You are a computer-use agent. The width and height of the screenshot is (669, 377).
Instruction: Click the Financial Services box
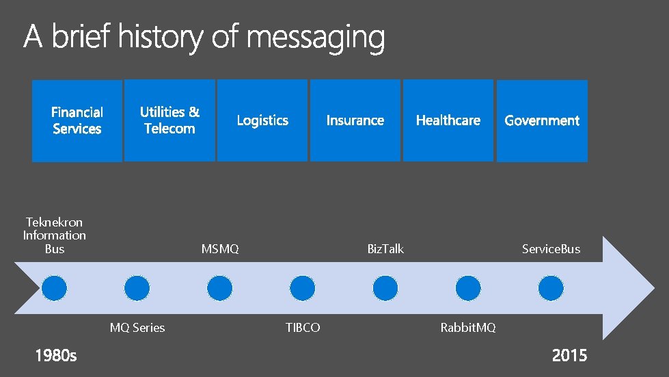coord(77,120)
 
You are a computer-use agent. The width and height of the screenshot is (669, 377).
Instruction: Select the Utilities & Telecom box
coord(169,120)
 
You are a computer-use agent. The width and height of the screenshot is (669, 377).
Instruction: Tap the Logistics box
coord(262,120)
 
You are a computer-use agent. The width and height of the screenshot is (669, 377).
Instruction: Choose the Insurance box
coord(355,120)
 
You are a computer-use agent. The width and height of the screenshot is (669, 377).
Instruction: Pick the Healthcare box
coord(448,120)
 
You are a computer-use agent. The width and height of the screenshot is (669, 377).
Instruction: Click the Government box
coord(542,120)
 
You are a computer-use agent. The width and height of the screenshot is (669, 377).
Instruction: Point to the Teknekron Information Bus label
coord(55,235)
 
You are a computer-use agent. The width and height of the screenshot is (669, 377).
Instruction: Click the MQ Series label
coord(137,328)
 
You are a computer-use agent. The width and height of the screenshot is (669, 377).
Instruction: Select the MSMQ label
coord(220,249)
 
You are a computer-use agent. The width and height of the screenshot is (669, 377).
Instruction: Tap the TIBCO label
coord(303,328)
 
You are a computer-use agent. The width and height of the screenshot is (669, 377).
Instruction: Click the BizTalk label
coord(385,249)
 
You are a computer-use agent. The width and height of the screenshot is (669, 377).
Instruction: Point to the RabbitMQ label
coord(468,328)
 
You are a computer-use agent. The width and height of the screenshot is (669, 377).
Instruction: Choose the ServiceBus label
coord(551,249)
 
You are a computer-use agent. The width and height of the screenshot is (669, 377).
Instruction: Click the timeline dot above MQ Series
coord(137,288)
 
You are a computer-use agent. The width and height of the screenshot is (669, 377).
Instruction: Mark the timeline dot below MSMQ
coord(220,288)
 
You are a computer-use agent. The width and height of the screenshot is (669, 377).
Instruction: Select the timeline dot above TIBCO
coord(303,288)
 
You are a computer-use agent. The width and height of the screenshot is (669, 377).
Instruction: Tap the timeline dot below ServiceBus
coord(551,288)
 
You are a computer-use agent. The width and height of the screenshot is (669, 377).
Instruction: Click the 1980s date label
coord(56,355)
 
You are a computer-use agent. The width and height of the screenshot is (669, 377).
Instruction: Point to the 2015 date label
coord(569,355)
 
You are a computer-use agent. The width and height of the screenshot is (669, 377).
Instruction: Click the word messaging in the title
coord(316,38)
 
